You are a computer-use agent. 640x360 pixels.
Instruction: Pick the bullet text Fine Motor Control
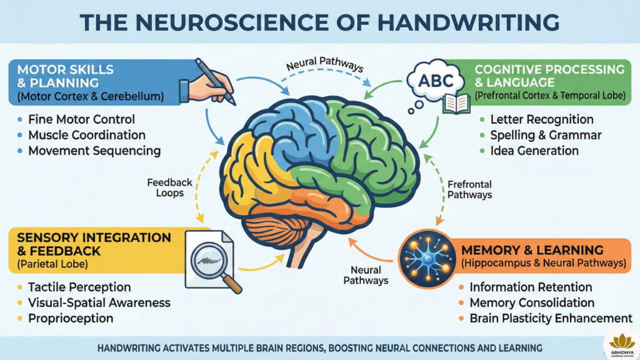(x=81, y=119)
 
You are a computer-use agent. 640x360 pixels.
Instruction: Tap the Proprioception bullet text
(x=70, y=318)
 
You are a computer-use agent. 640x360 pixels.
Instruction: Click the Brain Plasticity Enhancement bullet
(x=551, y=318)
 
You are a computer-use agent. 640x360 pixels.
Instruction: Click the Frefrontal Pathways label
(x=470, y=189)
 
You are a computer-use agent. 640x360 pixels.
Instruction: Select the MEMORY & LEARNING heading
(x=532, y=250)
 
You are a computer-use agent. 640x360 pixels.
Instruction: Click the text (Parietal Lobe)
(x=52, y=264)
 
